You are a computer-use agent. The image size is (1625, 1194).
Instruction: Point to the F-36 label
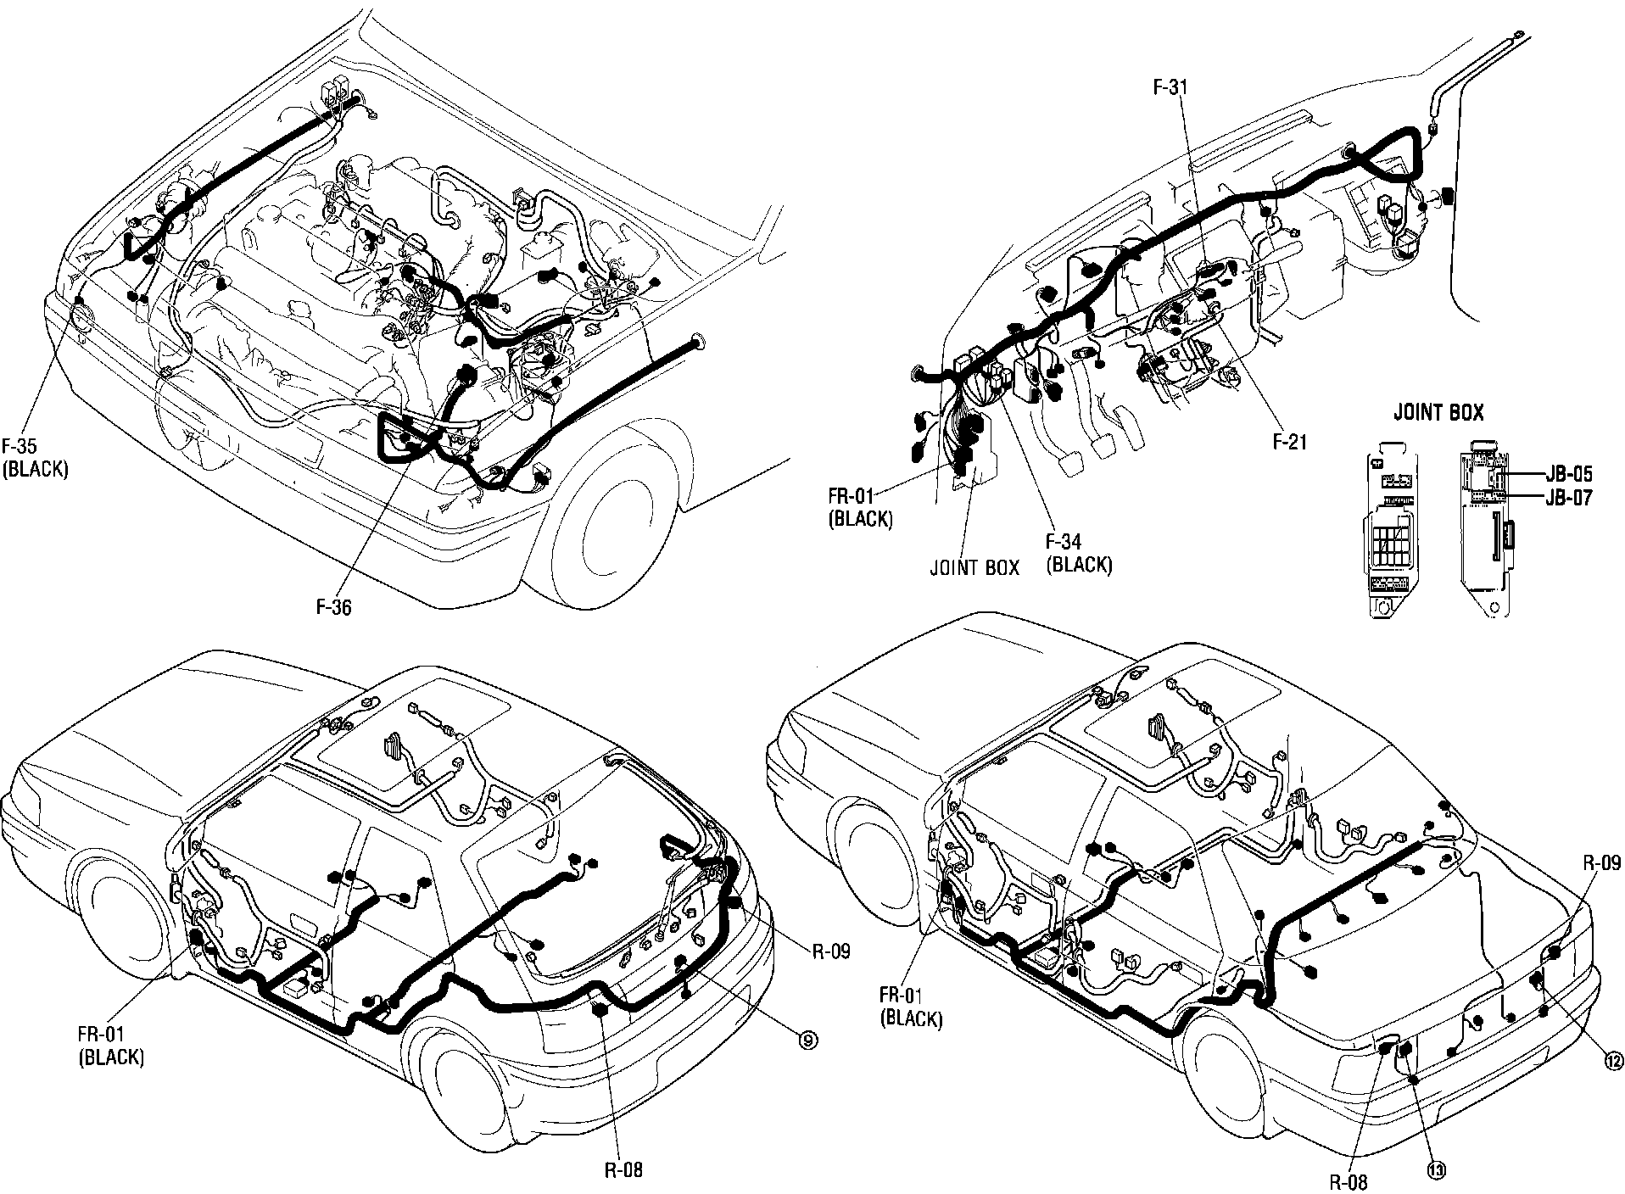pyautogui.click(x=333, y=607)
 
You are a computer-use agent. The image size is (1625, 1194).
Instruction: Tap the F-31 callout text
pyautogui.click(x=1170, y=87)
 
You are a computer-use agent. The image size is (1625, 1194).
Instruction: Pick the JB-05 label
pyautogui.click(x=1568, y=476)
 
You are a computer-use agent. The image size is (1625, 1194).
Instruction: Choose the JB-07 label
pyautogui.click(x=1568, y=498)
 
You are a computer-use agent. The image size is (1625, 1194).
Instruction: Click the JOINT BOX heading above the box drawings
pyautogui.click(x=1439, y=413)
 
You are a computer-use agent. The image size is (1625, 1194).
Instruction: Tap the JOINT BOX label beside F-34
pyautogui.click(x=974, y=567)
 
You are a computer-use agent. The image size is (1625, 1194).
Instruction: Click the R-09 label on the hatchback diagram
pyautogui.click(x=830, y=951)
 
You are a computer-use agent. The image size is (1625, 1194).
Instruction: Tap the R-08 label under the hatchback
pyautogui.click(x=623, y=1170)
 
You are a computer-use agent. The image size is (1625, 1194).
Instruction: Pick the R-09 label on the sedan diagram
pyautogui.click(x=1602, y=863)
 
